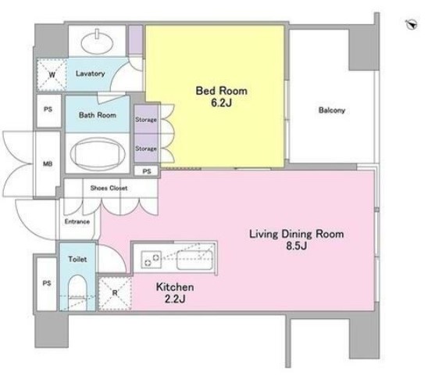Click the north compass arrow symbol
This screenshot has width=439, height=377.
tap(412, 24)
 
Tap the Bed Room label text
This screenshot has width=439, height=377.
tap(221, 91)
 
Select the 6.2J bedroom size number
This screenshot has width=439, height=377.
tap(221, 103)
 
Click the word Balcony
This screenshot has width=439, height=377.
tap(332, 110)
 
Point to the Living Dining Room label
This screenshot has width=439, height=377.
tap(297, 234)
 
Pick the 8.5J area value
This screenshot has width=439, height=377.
tap(297, 246)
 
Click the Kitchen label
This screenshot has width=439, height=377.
tap(175, 287)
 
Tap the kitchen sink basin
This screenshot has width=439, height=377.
tap(195, 260)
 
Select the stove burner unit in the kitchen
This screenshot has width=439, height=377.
tap(152, 260)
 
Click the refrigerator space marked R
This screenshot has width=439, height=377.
tap(115, 293)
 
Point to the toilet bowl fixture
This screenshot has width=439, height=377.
tap(77, 293)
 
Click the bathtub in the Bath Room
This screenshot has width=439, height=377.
tap(98, 153)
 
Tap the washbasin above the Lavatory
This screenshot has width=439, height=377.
tap(97, 42)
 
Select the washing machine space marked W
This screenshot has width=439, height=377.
tap(52, 74)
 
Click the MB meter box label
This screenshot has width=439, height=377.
tap(48, 163)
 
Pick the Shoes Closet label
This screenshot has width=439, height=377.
tap(109, 188)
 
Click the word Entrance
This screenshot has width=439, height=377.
tap(77, 221)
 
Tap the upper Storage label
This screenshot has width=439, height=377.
tap(146, 120)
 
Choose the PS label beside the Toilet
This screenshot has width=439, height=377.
tap(47, 283)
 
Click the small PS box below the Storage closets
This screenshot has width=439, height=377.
tap(146, 171)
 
